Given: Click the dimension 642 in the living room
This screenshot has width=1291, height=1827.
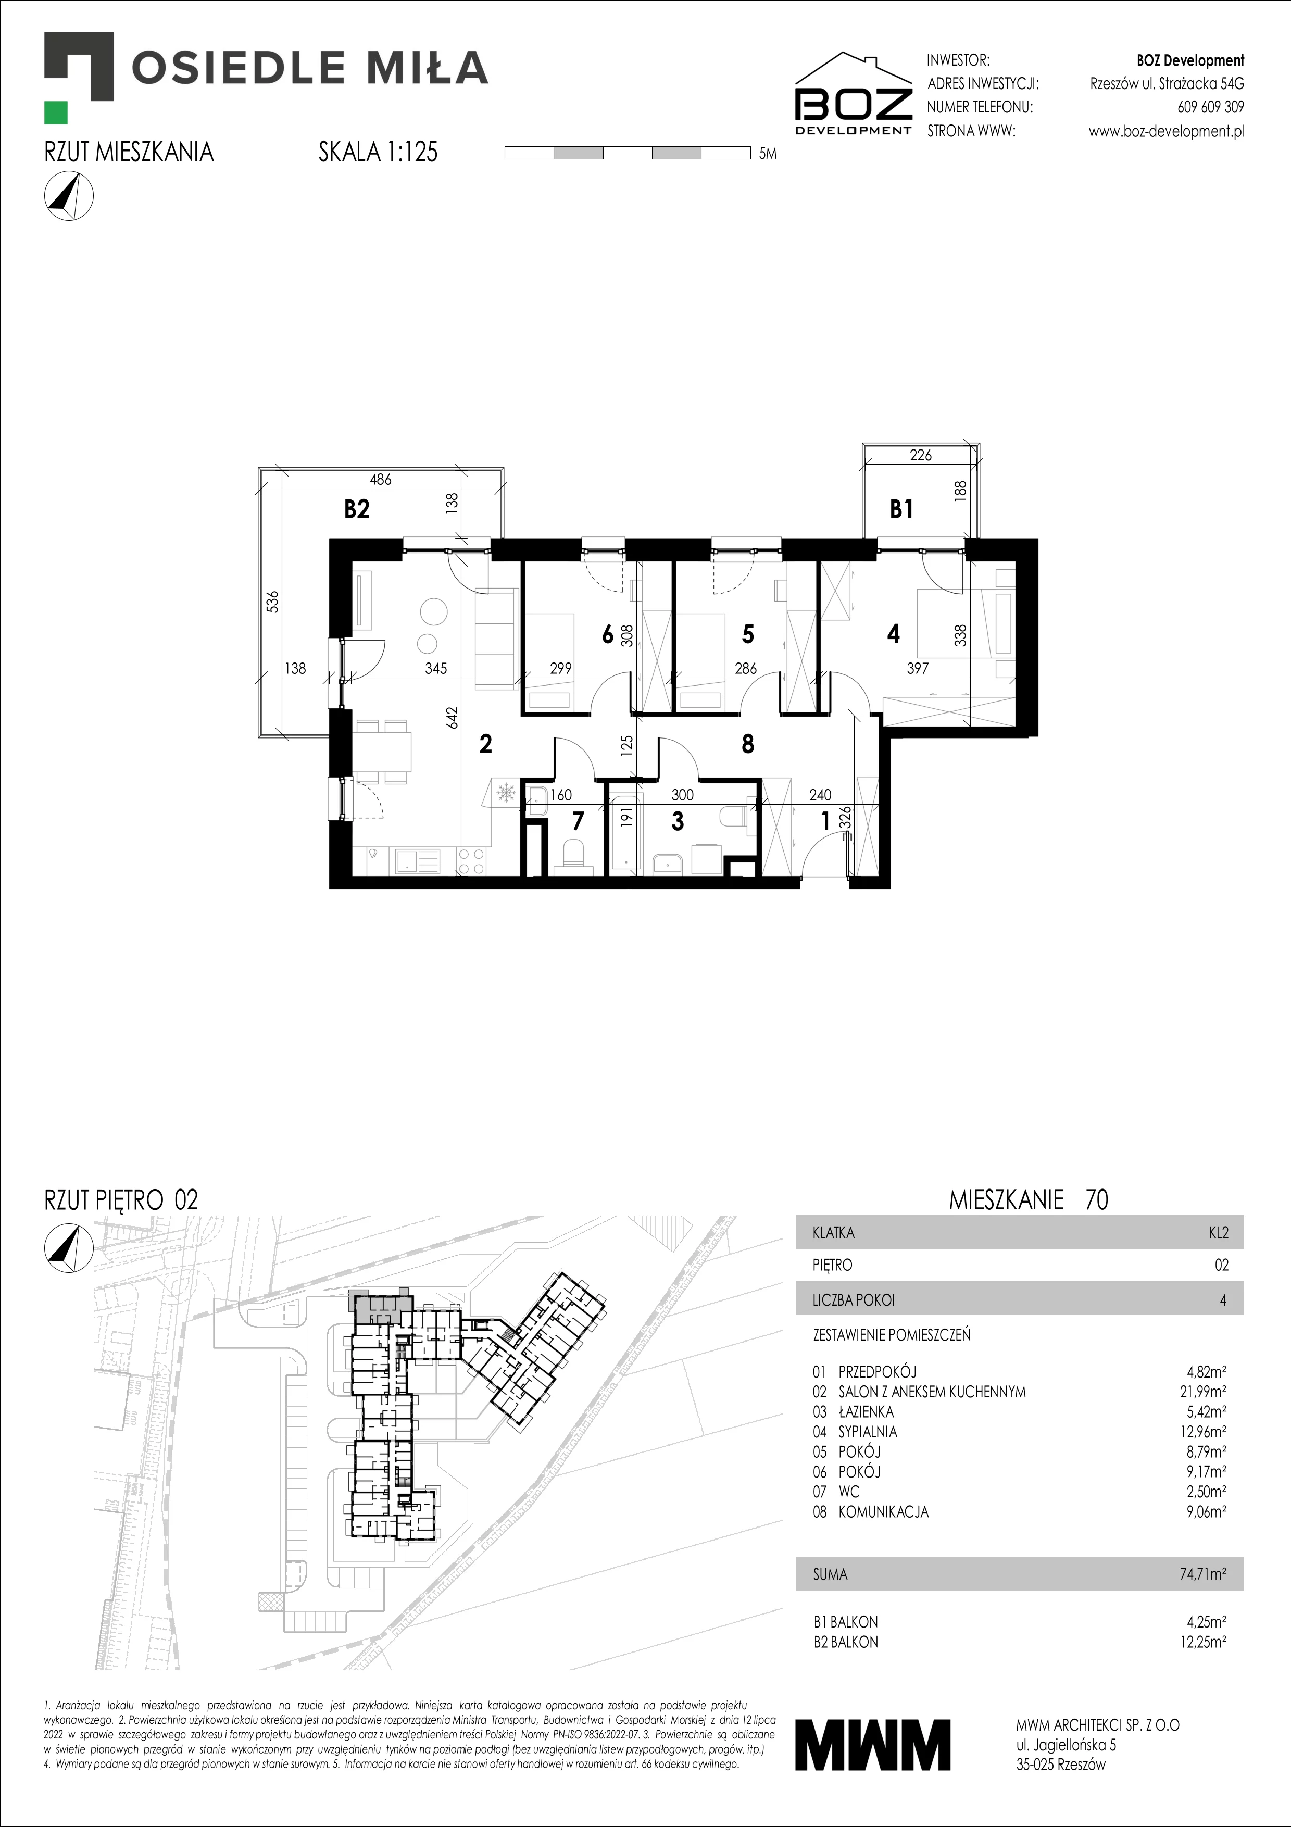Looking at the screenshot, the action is coord(453,718).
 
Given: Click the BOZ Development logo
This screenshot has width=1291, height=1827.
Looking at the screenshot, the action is coord(854,94).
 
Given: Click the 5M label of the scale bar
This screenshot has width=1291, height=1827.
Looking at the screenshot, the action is coord(768,154).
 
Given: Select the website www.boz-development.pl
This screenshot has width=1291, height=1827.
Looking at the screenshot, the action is coord(1166,131).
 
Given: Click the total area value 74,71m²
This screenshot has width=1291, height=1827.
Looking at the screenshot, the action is coord(1202,1574).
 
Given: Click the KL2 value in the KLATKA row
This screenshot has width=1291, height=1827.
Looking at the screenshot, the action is coord(1219,1233).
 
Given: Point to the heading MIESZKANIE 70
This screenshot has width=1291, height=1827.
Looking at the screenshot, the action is coord(1029,1199).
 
